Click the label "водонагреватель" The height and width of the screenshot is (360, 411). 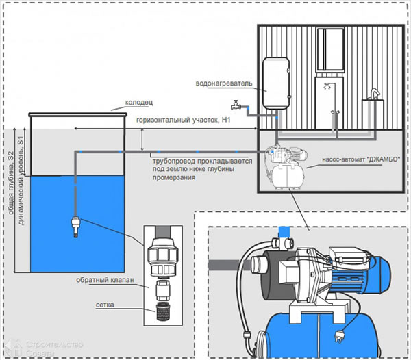coord(224,83)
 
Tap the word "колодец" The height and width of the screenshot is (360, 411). coord(138,103)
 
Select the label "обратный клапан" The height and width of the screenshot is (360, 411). coord(105,280)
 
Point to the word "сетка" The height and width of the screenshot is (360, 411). coord(105,305)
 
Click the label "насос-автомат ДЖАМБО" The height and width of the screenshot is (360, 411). coord(361,159)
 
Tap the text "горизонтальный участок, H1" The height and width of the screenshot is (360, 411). coord(183,120)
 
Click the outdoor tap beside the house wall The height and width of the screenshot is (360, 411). coord(236,105)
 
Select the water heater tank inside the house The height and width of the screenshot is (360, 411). coord(276,83)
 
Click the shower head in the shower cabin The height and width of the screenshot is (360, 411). coord(327,86)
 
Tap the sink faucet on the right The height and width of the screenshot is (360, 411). coord(374,94)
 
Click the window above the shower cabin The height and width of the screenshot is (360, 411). coord(330,49)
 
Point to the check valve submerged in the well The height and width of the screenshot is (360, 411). coord(75,227)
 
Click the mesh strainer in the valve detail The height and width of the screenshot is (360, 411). coord(163,311)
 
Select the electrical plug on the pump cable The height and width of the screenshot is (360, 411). coord(338,337)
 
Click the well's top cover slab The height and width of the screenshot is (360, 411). coord(77,115)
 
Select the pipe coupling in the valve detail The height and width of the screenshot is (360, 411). coord(163,257)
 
